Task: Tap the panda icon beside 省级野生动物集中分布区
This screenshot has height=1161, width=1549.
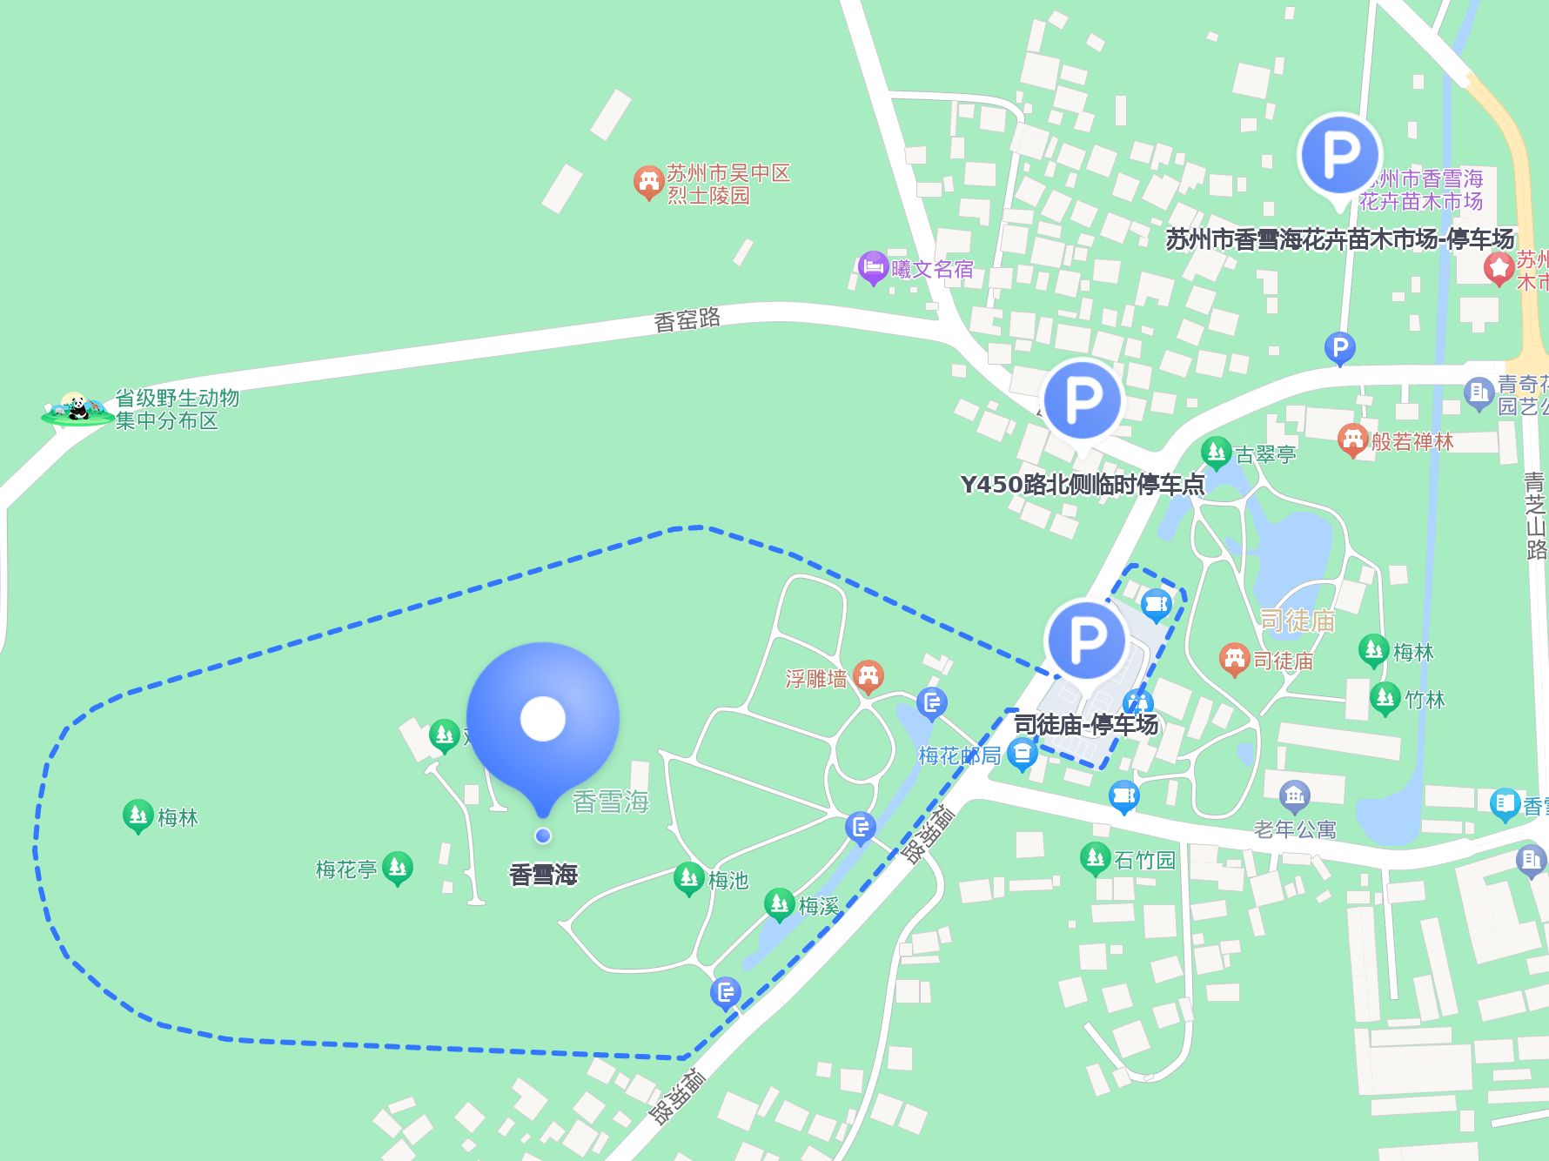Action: [x=77, y=407]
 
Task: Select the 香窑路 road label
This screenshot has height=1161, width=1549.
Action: [x=687, y=319]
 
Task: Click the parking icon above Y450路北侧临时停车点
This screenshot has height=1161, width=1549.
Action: [x=1082, y=401]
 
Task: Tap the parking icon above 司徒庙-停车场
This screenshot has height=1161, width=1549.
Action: [x=1087, y=640]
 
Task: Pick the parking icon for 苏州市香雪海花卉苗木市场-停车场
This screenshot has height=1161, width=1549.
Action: [x=1339, y=155]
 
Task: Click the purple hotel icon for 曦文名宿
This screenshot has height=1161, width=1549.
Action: [x=872, y=268]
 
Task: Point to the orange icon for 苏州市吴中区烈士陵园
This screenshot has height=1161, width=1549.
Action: [x=647, y=183]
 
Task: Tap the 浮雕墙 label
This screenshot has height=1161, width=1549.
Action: [x=815, y=678]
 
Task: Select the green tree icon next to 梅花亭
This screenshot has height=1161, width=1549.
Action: [x=398, y=867]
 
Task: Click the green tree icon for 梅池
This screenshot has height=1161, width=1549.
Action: [x=689, y=879]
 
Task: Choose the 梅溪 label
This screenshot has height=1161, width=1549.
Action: [x=819, y=907]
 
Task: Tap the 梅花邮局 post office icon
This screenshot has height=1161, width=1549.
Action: [x=1023, y=754]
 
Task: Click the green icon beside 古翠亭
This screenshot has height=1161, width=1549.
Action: [x=1216, y=453]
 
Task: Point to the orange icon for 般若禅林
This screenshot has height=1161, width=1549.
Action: [x=1352, y=440]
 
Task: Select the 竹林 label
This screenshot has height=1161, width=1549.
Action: [x=1425, y=699]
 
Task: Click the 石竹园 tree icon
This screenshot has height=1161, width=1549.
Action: [x=1095, y=859]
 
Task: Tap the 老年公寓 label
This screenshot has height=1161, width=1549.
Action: [x=1295, y=829]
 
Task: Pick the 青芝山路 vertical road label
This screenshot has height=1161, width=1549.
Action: [x=1535, y=515]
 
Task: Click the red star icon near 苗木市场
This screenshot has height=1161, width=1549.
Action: [x=1499, y=269]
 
